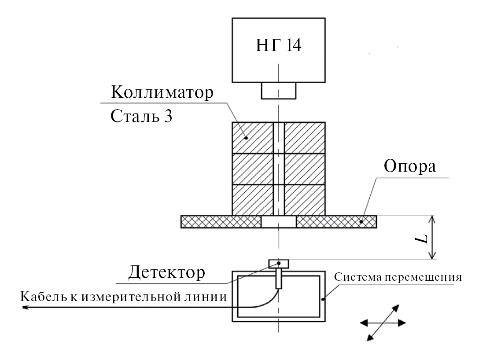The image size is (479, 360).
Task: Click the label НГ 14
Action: click(x=279, y=45)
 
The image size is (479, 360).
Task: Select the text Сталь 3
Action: click(x=140, y=117)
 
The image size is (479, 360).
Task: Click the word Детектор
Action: click(x=166, y=273)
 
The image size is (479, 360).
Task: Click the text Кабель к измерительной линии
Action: click(x=124, y=297)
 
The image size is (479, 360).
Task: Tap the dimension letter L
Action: click(x=422, y=238)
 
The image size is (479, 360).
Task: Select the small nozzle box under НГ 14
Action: click(x=279, y=91)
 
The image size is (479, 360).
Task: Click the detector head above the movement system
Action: click(x=279, y=264)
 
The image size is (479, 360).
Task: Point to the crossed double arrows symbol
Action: click(x=383, y=323)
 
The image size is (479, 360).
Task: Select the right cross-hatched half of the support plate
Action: click(x=336, y=222)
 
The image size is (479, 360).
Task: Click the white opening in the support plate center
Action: click(x=279, y=222)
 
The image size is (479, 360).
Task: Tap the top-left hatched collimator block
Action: click(x=253, y=137)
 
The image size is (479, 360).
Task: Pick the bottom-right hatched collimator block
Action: click(x=305, y=199)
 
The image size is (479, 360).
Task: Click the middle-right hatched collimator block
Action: click(x=305, y=169)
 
